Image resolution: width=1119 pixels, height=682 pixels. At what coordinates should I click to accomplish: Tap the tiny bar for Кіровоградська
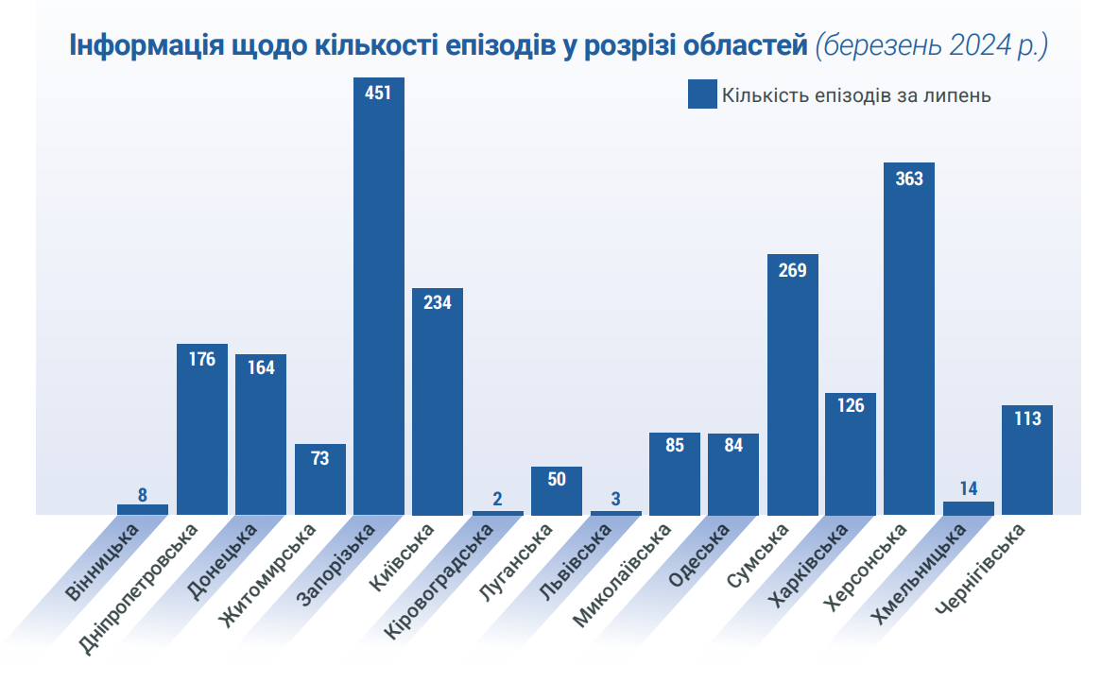click(x=497, y=513)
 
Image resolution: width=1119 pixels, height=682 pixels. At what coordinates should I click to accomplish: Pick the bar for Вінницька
click(x=143, y=509)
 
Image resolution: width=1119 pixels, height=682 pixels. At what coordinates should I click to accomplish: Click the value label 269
click(x=792, y=271)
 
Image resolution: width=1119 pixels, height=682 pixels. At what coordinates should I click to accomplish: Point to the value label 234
click(x=438, y=304)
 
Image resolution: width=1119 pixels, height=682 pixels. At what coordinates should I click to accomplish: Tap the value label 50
click(x=557, y=480)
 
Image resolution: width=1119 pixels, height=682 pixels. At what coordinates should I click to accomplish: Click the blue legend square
click(x=702, y=94)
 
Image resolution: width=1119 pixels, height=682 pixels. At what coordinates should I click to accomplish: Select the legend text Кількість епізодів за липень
click(x=856, y=95)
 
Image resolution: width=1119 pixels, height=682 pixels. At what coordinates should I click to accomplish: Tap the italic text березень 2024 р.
click(x=932, y=47)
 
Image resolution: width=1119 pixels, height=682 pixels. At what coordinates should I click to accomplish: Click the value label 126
click(x=851, y=403)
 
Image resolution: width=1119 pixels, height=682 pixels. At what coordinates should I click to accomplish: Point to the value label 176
click(x=202, y=359)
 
